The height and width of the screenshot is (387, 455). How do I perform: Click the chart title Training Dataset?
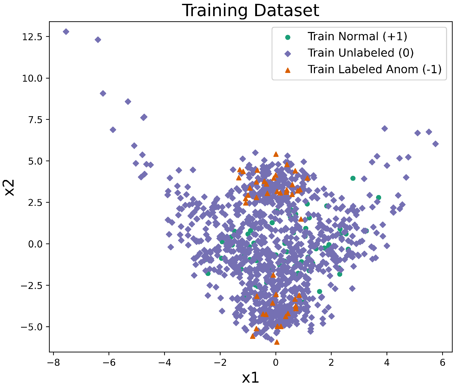(x=250, y=10)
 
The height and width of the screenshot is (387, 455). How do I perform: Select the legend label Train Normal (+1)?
(x=357, y=37)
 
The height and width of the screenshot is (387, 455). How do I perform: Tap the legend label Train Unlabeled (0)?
(x=361, y=53)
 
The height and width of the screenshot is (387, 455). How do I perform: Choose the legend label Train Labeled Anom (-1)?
(x=374, y=69)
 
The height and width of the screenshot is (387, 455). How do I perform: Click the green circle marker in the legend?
(x=288, y=37)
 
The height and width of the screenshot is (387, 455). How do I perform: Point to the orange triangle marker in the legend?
(x=288, y=70)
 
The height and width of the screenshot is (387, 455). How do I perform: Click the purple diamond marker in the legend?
(x=288, y=53)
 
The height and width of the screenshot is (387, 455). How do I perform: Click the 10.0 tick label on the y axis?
(x=32, y=78)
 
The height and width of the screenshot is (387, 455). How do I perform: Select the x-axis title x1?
(x=250, y=378)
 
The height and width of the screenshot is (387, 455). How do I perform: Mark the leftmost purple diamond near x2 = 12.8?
(x=66, y=32)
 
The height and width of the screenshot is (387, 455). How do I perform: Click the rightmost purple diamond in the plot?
(x=435, y=144)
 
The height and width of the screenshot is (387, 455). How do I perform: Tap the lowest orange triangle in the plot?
(x=276, y=342)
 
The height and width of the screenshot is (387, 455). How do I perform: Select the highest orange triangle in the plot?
(x=276, y=154)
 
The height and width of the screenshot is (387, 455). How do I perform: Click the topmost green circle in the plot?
(x=353, y=178)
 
